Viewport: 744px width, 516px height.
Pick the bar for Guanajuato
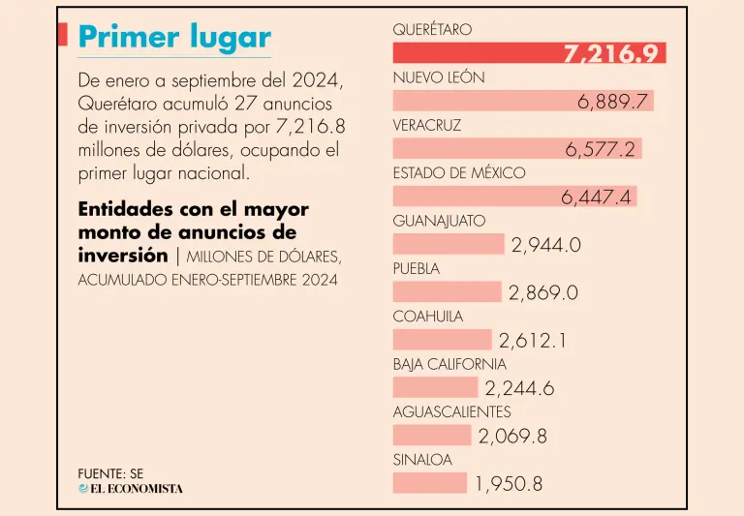(x=449, y=244)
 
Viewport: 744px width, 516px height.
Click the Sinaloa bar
(x=429, y=483)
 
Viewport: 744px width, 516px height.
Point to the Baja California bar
(x=435, y=387)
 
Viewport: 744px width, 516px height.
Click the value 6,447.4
(x=597, y=197)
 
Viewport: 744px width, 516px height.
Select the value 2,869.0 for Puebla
(x=543, y=292)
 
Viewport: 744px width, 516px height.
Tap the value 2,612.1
(x=533, y=340)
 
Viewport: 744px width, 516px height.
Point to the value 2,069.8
(x=512, y=436)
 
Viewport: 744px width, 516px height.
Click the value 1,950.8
(x=510, y=484)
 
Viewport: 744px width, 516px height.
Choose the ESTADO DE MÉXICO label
(x=459, y=173)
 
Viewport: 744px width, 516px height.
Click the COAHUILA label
(x=428, y=317)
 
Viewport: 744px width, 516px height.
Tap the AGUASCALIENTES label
(x=451, y=412)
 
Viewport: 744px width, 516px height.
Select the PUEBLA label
(x=417, y=268)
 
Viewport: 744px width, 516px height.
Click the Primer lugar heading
(x=173, y=37)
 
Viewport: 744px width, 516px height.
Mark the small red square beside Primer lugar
(x=62, y=36)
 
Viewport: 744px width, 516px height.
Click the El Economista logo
(x=131, y=489)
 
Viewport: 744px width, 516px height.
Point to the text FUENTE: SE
(x=110, y=473)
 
